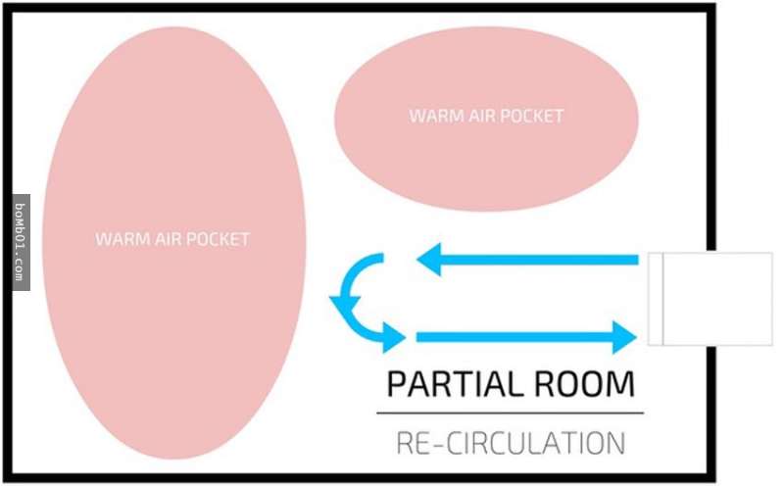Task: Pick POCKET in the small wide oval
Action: pyautogui.click(x=532, y=116)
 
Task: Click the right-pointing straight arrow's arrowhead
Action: pyautogui.click(x=625, y=337)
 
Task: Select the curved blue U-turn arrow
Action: pyautogui.click(x=355, y=299)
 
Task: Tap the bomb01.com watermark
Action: pyautogui.click(x=21, y=242)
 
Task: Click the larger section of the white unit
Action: pyautogui.click(x=716, y=299)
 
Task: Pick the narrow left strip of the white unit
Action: pyautogui.click(x=656, y=299)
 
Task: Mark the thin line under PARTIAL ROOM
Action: pyautogui.click(x=511, y=413)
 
